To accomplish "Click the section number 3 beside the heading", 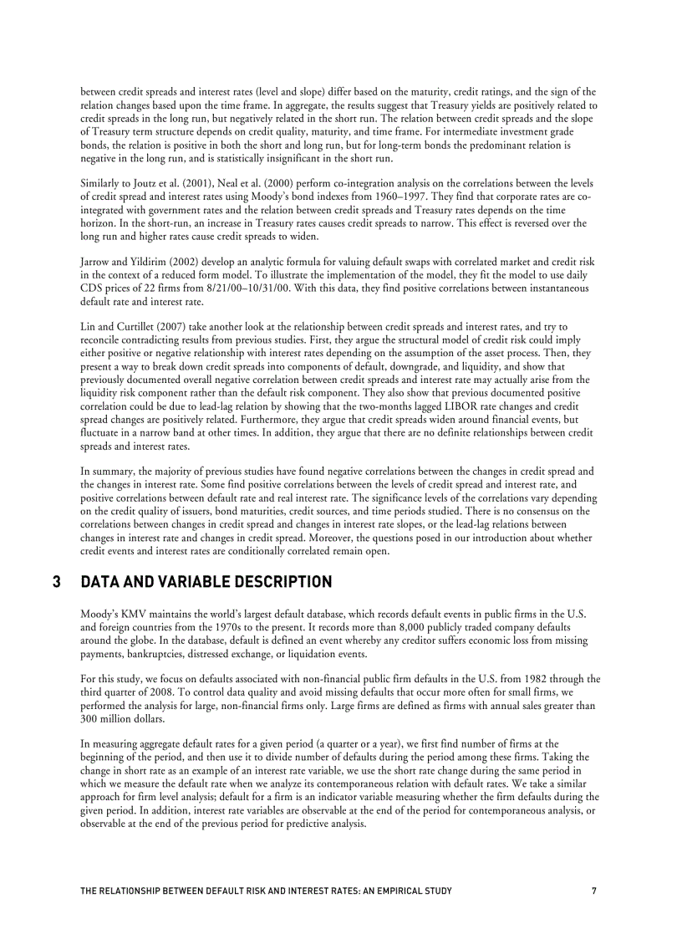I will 56,581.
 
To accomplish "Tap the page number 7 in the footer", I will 593,891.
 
